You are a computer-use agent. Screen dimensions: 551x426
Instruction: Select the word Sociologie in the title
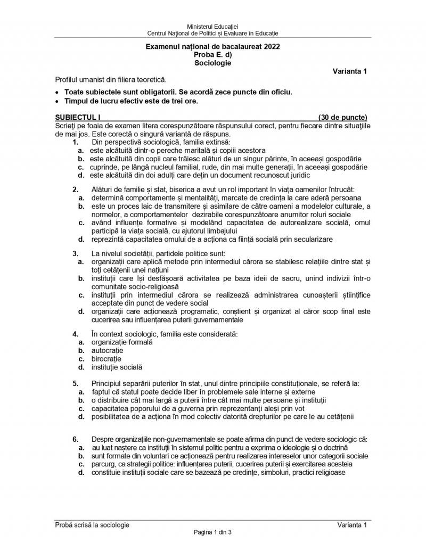pos(213,62)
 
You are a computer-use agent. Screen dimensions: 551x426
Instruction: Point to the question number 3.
pos(76,253)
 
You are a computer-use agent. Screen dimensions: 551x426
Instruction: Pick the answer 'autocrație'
pos(107,351)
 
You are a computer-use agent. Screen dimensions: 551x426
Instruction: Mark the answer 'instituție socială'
pos(117,367)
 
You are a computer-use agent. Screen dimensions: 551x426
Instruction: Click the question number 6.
pos(76,439)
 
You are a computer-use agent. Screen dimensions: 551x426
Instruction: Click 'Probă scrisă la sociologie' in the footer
pos(92,525)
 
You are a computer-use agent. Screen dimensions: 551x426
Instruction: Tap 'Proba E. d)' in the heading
pos(213,54)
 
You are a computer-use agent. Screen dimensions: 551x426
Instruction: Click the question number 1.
pos(76,142)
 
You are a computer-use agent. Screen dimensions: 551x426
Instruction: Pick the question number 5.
pos(76,383)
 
